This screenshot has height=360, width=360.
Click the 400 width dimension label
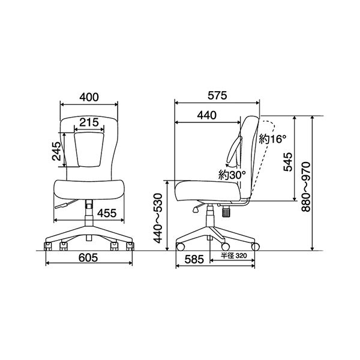click(x=89, y=97)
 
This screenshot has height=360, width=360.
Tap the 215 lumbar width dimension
click(x=89, y=122)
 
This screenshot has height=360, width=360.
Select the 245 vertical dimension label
click(x=56, y=151)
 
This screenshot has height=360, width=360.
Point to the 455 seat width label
click(x=107, y=213)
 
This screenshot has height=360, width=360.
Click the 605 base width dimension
click(x=88, y=258)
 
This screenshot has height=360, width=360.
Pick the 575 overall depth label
click(x=217, y=95)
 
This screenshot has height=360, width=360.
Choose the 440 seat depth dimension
click(x=206, y=115)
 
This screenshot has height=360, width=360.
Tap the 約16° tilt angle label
click(x=273, y=139)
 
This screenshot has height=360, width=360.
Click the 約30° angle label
click(x=232, y=175)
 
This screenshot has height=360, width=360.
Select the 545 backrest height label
click(x=288, y=162)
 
